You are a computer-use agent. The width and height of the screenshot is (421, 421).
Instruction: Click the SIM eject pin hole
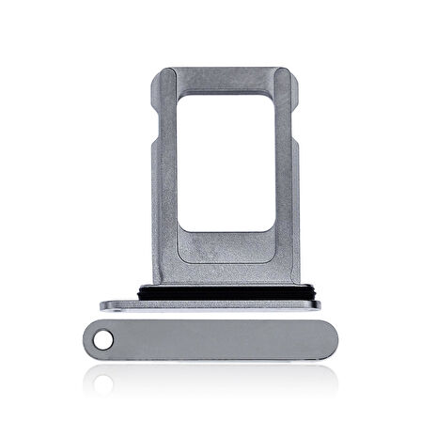[104, 337]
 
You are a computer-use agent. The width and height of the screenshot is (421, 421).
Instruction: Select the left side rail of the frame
[165, 179]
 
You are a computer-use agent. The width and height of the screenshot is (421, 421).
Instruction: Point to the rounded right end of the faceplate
[329, 337]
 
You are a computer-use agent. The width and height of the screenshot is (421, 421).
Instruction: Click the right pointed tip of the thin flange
[320, 304]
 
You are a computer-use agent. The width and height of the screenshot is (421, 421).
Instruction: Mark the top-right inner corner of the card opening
[273, 95]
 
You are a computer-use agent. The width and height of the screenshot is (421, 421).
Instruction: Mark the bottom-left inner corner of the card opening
[180, 229]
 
